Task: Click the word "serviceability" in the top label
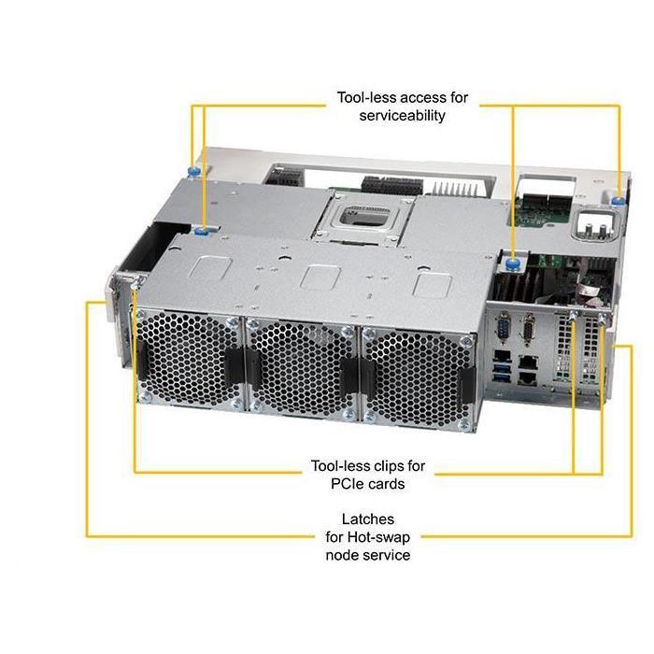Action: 402,116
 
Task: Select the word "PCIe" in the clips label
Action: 322,483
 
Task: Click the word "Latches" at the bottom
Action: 367,519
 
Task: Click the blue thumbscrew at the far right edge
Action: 618,198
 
